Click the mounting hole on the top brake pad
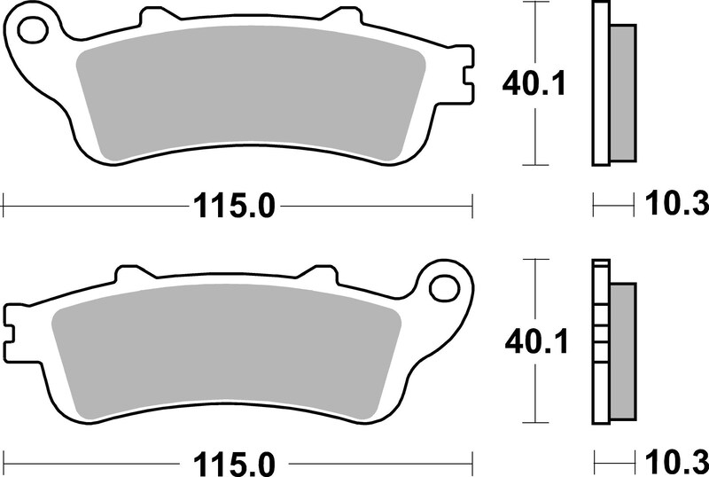pyautogui.click(x=33, y=29)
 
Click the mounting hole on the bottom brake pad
pyautogui.click(x=444, y=287)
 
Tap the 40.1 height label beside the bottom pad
pyautogui.click(x=536, y=342)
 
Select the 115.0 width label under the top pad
pyautogui.click(x=234, y=207)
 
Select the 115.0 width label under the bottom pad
pyautogui.click(x=234, y=464)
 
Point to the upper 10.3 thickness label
pyautogui.click(x=676, y=204)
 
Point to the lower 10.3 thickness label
pyautogui.click(x=676, y=462)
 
